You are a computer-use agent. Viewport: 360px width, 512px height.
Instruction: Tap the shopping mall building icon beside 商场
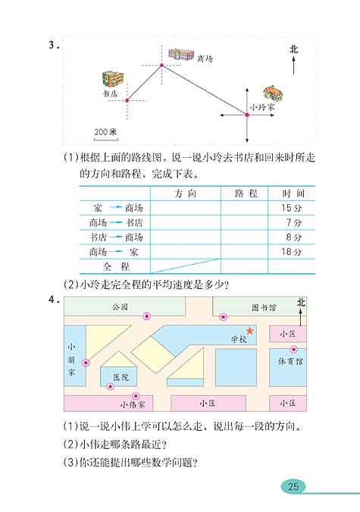tap(180, 55)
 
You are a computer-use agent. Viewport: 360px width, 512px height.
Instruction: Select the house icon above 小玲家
tap(274, 93)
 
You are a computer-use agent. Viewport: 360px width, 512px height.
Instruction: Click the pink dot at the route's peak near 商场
tap(161, 66)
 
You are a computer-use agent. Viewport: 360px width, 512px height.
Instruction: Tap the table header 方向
tap(185, 193)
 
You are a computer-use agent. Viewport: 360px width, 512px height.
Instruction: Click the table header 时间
tap(291, 193)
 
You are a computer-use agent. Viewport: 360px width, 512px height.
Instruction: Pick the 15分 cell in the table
tap(291, 208)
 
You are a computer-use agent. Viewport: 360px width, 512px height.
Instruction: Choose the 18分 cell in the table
tap(291, 251)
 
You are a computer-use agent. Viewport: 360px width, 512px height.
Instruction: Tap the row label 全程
tap(116, 266)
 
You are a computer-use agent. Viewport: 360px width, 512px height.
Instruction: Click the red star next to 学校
tap(250, 331)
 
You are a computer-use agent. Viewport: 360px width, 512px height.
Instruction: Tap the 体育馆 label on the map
tap(290, 362)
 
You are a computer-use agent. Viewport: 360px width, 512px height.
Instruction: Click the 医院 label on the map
tap(121, 377)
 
